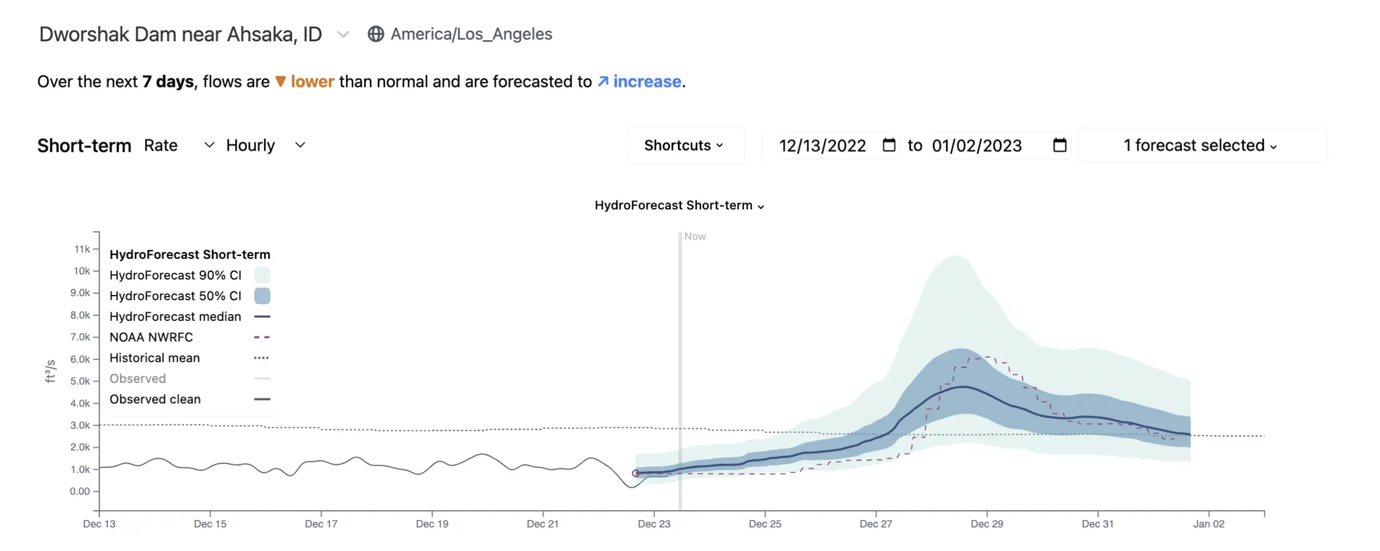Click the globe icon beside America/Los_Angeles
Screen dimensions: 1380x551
[x=375, y=34]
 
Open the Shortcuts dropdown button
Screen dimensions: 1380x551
[x=685, y=146]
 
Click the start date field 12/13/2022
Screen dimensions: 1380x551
[x=823, y=146]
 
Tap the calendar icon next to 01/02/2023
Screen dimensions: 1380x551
[x=1060, y=145]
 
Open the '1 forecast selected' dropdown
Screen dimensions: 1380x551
[x=1202, y=146]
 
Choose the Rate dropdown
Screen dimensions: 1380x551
[x=179, y=145]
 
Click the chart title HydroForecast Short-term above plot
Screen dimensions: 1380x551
[x=679, y=205]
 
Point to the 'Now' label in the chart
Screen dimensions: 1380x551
[x=695, y=236]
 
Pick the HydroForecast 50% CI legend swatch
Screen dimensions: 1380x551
[x=262, y=296]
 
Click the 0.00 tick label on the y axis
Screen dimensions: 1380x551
[x=80, y=491]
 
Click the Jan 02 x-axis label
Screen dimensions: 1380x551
[x=1209, y=524]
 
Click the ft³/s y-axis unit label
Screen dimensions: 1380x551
[x=51, y=371]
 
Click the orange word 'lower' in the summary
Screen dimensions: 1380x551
[x=312, y=82]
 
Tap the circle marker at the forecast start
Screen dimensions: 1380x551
[x=635, y=473]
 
